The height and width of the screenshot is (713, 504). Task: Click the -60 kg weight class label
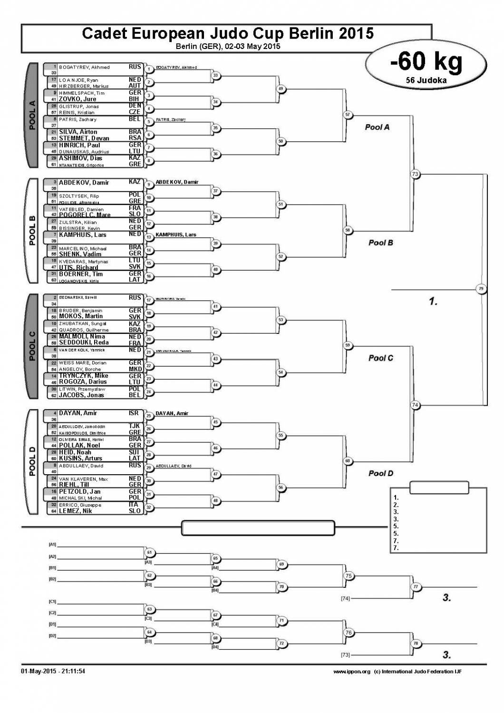click(x=426, y=62)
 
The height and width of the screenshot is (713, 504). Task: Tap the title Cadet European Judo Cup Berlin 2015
click(x=227, y=33)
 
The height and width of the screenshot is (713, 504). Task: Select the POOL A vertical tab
click(x=32, y=116)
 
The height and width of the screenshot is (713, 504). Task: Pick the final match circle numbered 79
click(x=481, y=289)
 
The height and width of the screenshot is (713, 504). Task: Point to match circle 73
click(x=415, y=174)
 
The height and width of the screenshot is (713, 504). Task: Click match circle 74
click(x=415, y=405)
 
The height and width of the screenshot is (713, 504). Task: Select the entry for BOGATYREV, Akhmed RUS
click(x=84, y=68)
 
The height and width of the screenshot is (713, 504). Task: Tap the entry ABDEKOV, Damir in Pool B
click(x=84, y=183)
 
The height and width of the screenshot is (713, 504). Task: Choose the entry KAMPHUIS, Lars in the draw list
click(x=82, y=235)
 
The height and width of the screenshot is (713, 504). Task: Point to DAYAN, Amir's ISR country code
click(x=134, y=413)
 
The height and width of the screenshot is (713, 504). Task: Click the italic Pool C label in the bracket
click(x=381, y=358)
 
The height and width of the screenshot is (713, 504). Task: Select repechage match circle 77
click(x=416, y=587)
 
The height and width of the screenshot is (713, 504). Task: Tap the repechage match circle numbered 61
click(x=149, y=553)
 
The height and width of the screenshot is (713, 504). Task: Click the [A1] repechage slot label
click(x=52, y=544)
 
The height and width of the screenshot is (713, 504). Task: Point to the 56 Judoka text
click(x=426, y=80)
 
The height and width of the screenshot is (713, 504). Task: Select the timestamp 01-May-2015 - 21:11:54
click(x=53, y=672)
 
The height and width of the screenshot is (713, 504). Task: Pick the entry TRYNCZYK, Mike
click(x=83, y=376)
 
